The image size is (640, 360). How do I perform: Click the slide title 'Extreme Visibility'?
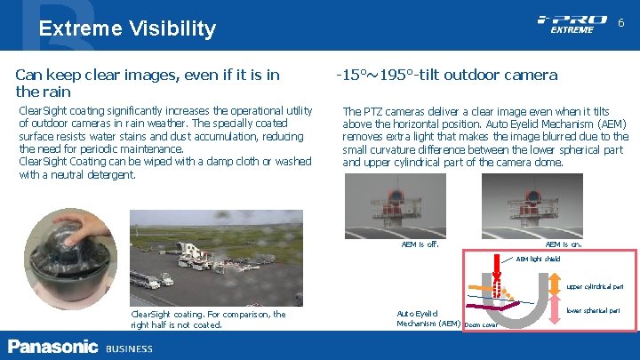click(127, 28)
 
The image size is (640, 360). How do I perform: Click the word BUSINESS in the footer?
click(129, 348)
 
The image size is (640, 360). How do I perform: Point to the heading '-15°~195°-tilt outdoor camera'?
click(446, 75)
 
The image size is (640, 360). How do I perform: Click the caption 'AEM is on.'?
click(564, 244)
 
